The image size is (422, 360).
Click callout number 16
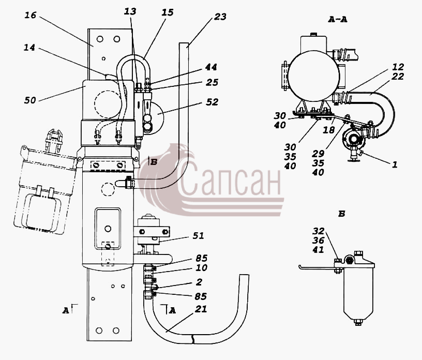pos(31,15)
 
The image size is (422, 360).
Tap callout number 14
pos(29,48)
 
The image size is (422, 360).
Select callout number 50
pos(30,100)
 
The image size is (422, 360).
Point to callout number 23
pos(220,17)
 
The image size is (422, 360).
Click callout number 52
pos(212,102)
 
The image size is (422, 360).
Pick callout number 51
pos(199,236)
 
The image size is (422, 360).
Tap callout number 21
pos(201,309)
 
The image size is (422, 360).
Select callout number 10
pos(201,267)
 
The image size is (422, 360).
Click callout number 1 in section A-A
pos(395,164)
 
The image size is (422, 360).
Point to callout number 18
pos(328,130)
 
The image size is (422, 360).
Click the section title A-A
pos(338,19)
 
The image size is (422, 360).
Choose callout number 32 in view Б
pos(319,231)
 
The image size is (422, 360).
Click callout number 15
pos(168,12)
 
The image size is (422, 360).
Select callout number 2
pos(199,282)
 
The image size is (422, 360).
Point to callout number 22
pos(398,77)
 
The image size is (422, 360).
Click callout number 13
pos(130,11)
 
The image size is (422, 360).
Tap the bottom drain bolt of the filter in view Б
pos(358,322)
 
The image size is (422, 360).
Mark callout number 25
pos(212,82)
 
